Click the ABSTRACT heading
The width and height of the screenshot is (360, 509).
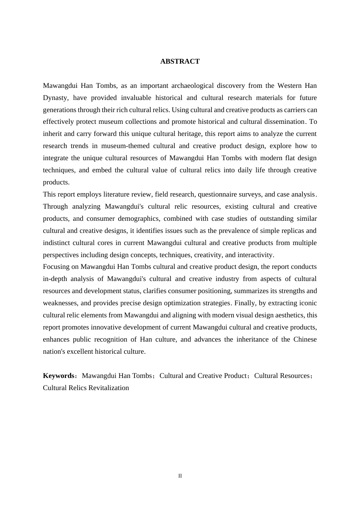click(x=180, y=61)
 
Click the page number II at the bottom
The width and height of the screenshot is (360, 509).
click(x=180, y=476)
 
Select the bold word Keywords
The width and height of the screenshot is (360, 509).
click(x=58, y=376)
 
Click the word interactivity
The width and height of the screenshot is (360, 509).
click(x=255, y=255)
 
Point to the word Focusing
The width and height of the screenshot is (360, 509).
click(x=55, y=267)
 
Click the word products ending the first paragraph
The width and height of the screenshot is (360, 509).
click(x=56, y=182)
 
